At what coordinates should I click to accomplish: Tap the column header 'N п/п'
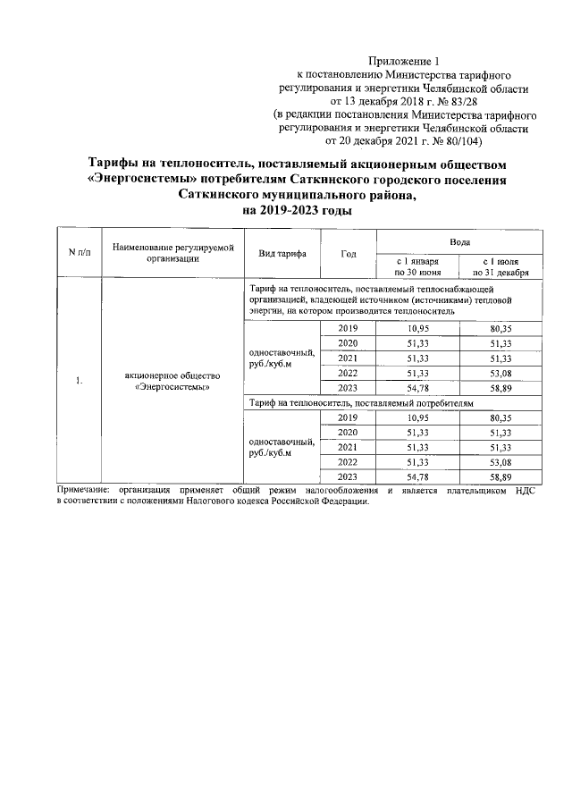point(80,253)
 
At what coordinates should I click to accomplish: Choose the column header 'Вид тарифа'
point(282,254)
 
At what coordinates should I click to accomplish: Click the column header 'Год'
point(349,254)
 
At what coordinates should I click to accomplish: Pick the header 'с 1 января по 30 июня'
point(417,265)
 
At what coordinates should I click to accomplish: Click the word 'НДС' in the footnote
point(523,491)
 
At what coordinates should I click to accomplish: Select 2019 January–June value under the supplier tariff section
point(417,330)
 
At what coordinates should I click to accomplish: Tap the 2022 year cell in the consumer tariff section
point(348,462)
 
